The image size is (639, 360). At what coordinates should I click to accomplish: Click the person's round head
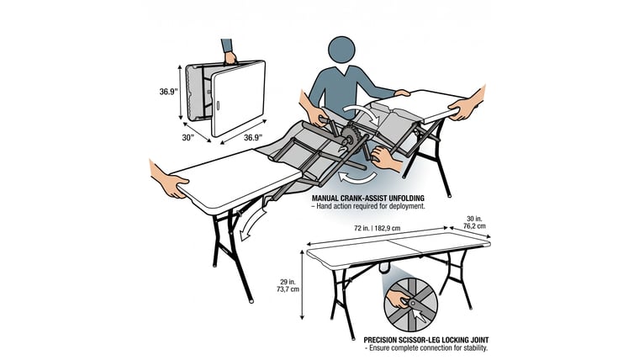coord(341,50)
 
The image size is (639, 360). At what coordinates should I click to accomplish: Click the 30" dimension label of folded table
coord(187,137)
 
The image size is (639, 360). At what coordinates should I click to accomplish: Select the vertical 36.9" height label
coord(168,92)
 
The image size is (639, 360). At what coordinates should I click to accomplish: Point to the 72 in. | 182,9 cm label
coord(377,228)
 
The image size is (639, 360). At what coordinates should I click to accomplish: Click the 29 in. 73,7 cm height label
coord(289,285)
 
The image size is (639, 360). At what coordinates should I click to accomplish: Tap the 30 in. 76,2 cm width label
coord(474,222)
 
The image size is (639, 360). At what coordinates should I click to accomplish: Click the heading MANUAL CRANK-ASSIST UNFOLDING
coord(368,199)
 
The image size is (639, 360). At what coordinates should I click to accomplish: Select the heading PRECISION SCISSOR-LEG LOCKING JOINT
coord(426,340)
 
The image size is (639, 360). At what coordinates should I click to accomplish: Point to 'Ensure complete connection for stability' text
coord(428,347)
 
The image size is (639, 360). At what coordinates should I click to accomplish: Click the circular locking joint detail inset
coord(410,305)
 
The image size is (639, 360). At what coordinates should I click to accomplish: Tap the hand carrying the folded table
coord(230,57)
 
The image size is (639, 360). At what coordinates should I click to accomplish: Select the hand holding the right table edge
coord(467,104)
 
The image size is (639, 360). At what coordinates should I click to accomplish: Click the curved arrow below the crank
coord(357,177)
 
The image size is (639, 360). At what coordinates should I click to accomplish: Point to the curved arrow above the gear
coord(361,111)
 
